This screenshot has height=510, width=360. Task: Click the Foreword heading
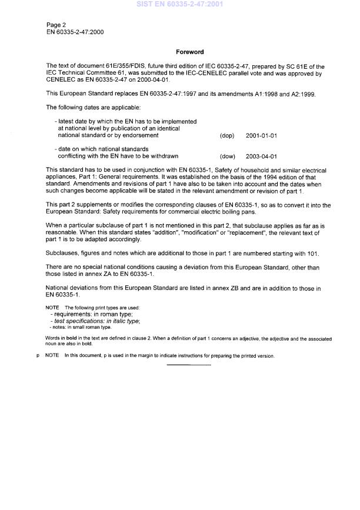point(189,52)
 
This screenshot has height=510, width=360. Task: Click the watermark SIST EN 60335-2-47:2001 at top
point(180,4)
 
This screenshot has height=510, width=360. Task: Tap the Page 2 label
point(57,25)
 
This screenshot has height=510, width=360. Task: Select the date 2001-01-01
point(261,136)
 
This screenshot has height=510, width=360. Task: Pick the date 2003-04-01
point(261,156)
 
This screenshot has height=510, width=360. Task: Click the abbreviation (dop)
point(226,136)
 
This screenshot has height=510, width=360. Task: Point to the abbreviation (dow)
point(227,156)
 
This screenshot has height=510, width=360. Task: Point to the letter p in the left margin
point(37,355)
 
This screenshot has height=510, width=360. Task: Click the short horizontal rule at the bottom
point(189,365)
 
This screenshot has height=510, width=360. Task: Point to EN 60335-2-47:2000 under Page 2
point(75,32)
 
